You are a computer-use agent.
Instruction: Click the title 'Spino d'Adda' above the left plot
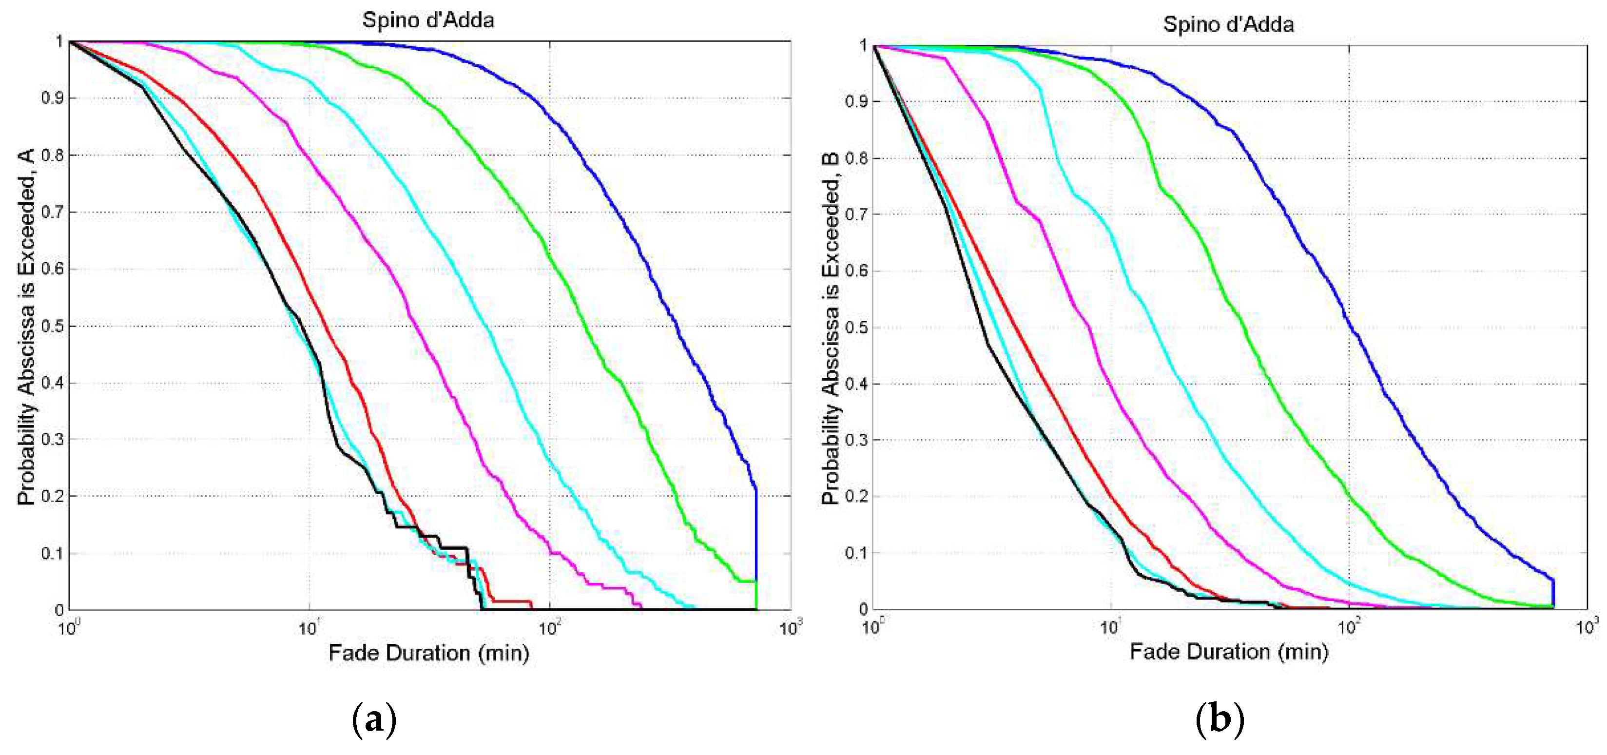tap(428, 20)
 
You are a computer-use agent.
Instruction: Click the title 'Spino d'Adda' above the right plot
tap(1228, 24)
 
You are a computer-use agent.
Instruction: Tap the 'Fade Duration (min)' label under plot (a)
tap(428, 653)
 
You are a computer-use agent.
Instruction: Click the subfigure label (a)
tap(374, 719)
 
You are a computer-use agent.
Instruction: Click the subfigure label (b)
tap(1219, 719)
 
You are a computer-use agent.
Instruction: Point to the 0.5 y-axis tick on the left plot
tap(53, 327)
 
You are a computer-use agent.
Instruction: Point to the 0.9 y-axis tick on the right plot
tap(856, 102)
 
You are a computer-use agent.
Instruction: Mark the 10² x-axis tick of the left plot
tap(549, 628)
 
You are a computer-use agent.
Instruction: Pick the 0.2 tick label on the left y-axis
tap(53, 497)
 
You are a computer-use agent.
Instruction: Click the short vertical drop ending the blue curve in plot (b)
tap(1553, 593)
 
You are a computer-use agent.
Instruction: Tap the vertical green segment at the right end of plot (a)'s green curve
tap(756, 596)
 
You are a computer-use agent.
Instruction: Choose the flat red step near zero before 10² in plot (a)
tap(512, 601)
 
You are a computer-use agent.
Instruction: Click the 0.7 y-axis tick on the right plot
tap(856, 214)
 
